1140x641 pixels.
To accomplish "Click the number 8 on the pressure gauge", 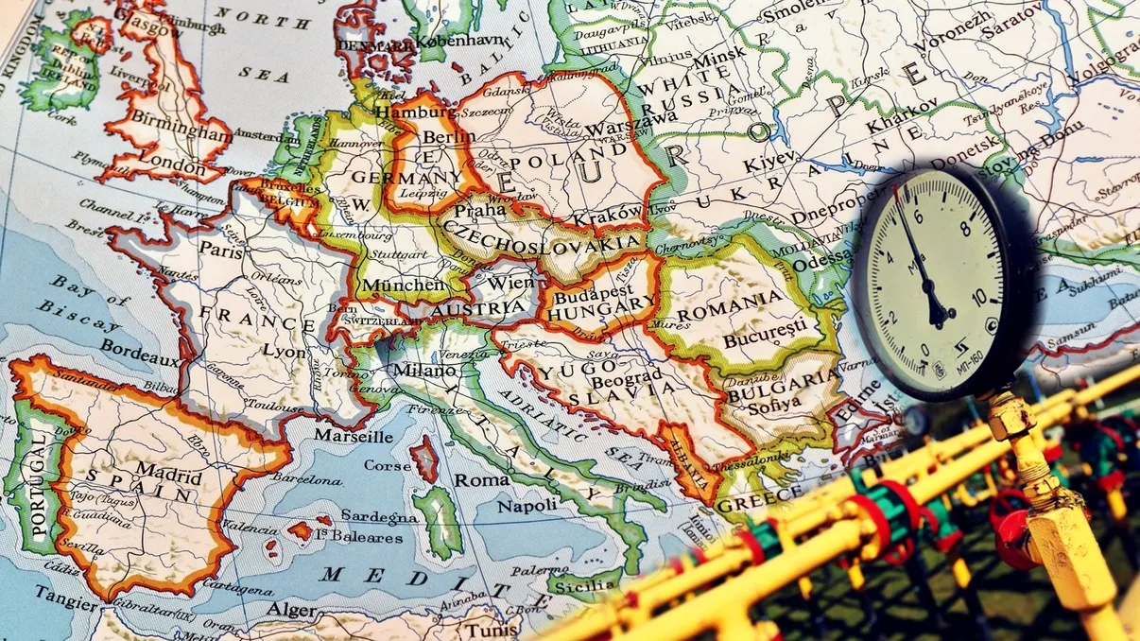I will (965, 228).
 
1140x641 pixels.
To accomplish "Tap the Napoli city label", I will (527, 506).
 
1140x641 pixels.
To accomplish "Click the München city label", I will (404, 285).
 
